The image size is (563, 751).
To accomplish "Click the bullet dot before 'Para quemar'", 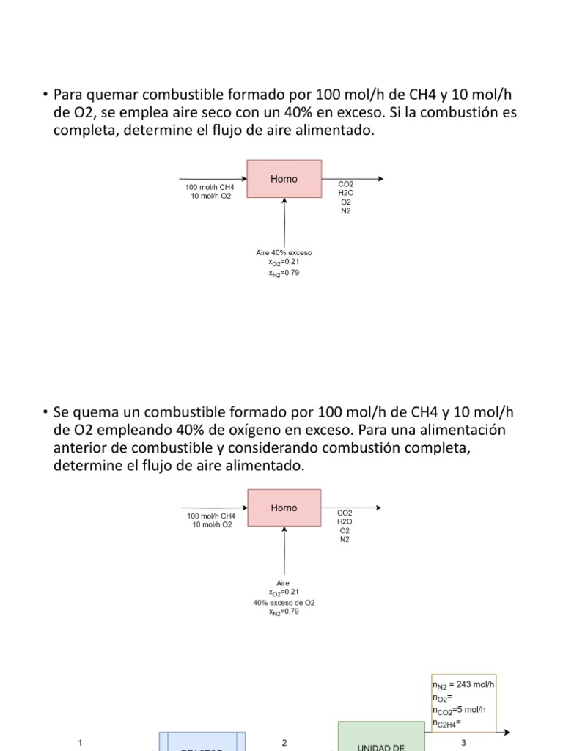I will click(x=45, y=95).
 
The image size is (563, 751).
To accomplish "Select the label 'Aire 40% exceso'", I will click(x=284, y=253).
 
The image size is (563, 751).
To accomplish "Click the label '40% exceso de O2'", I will click(x=284, y=602).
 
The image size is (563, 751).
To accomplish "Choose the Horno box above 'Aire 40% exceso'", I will click(x=284, y=178).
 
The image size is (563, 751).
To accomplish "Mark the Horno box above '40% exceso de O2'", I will click(x=284, y=508).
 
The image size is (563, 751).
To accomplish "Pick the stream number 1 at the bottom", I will click(x=79, y=743).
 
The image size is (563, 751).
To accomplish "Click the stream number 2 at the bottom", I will click(x=284, y=743).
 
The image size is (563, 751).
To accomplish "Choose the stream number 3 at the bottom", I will click(x=463, y=743).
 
